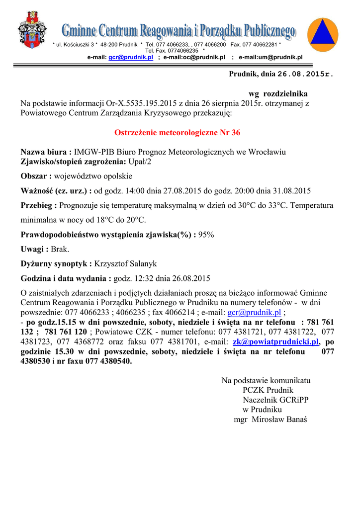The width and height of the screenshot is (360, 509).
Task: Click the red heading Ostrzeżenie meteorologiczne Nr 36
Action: [178, 133]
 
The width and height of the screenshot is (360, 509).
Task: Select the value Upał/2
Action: [140, 162]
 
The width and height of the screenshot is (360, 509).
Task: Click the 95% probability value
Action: [206, 235]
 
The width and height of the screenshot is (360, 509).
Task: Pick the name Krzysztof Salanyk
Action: [125, 264]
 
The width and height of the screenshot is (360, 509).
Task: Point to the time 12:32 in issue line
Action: [144, 278]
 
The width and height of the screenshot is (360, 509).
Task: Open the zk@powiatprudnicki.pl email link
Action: [275, 342]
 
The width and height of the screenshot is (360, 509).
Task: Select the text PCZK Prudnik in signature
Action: [268, 390]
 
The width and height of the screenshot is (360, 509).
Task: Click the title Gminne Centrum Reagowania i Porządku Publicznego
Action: [179, 32]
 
